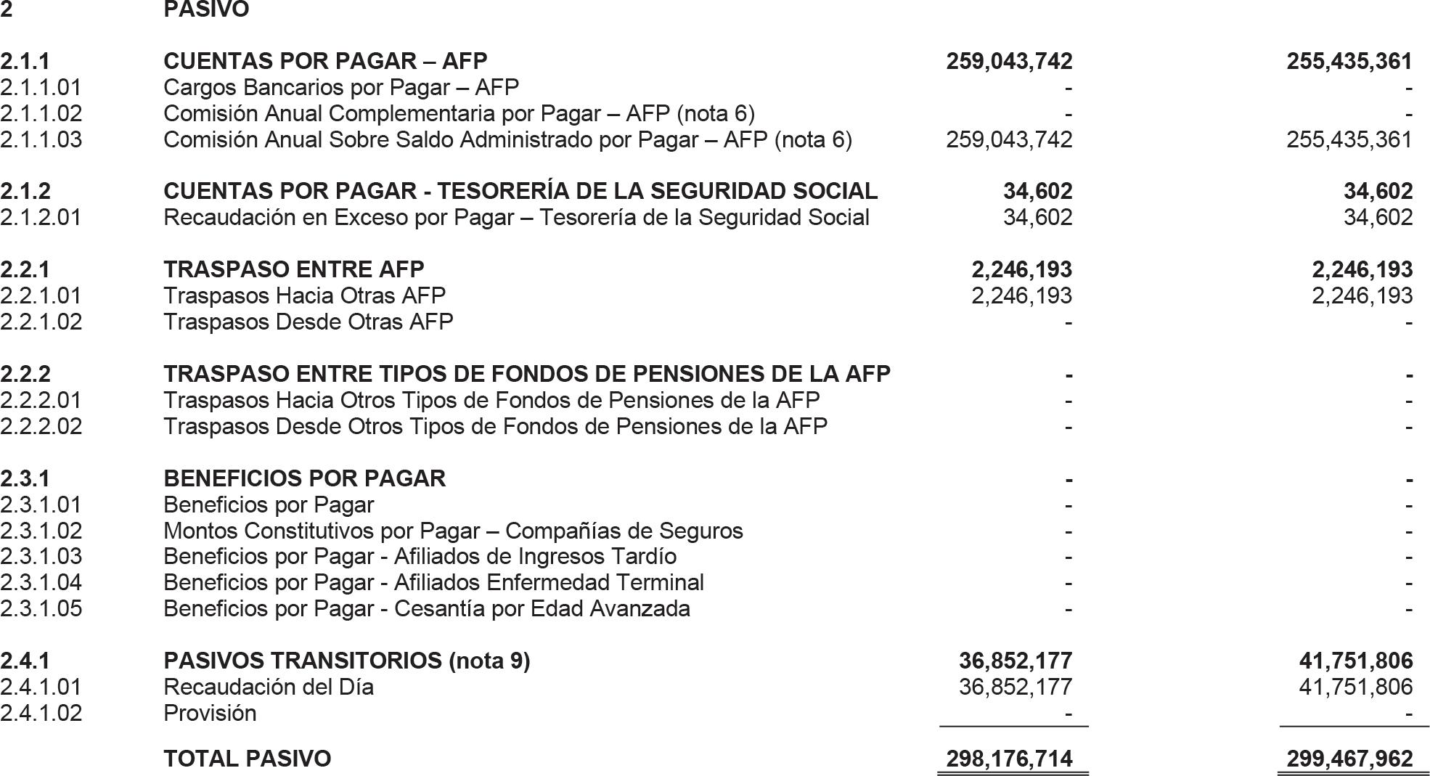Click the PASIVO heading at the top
(206, 10)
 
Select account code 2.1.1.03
(41, 139)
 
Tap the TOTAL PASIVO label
(247, 759)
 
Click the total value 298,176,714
(1009, 759)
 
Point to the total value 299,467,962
(1349, 759)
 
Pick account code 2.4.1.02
(41, 713)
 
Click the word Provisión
(210, 713)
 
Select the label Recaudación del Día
(269, 687)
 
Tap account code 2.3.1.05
(41, 608)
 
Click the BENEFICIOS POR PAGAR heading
(305, 478)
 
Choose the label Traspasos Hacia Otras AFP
(304, 295)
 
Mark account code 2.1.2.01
(41, 217)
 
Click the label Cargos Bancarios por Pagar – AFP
(341, 87)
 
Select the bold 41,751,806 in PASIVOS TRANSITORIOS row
(1355, 661)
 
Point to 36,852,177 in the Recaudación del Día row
(1015, 687)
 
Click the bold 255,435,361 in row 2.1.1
(1349, 61)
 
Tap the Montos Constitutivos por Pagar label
(453, 531)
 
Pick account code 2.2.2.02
(41, 426)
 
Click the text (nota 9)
(489, 661)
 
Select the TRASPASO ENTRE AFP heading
(294, 269)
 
